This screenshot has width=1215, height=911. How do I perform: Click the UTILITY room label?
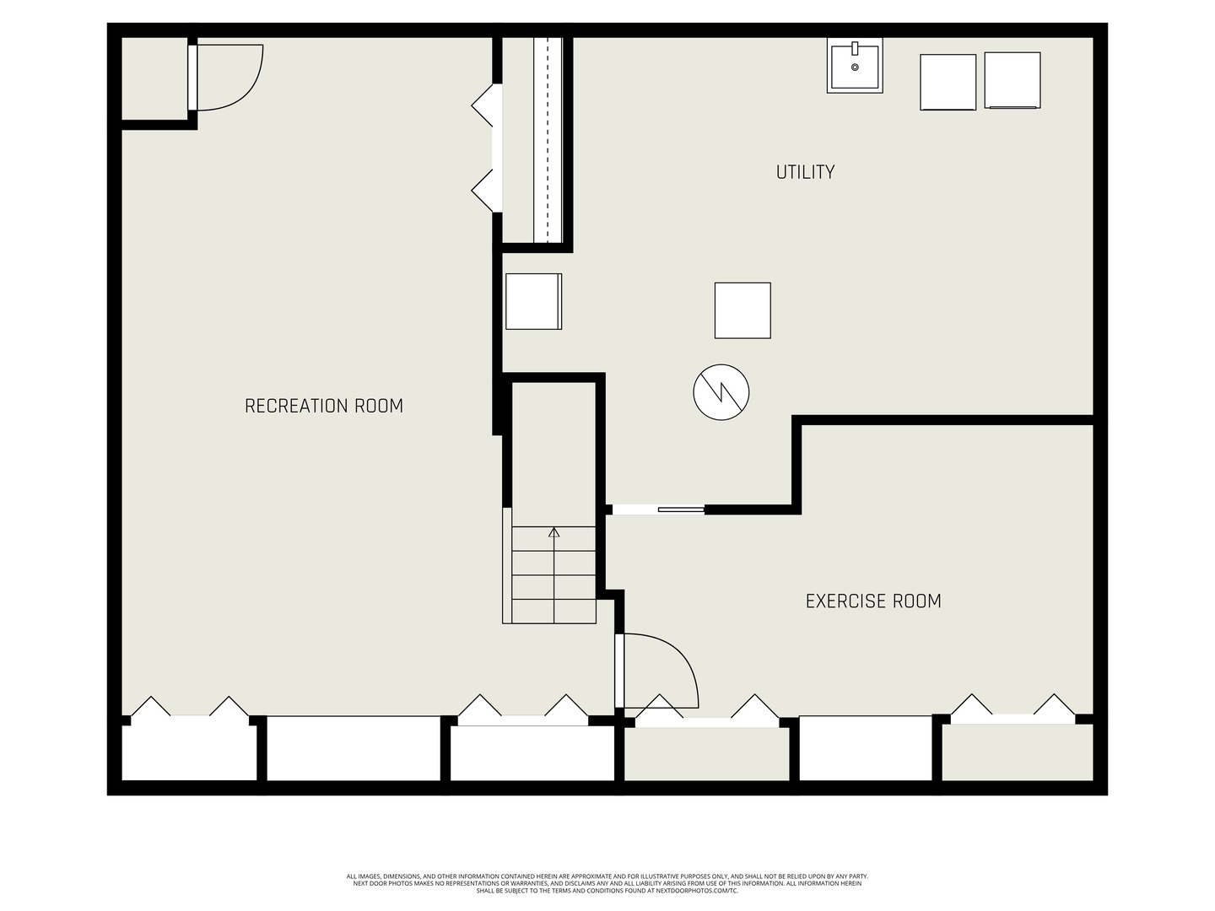(x=805, y=172)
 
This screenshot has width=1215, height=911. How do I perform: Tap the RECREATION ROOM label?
(x=324, y=406)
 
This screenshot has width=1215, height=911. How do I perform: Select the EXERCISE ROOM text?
(x=873, y=601)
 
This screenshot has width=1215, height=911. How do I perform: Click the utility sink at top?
(x=855, y=66)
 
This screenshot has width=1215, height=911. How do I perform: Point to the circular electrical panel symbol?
(x=721, y=392)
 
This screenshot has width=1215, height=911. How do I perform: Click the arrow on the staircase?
(x=553, y=533)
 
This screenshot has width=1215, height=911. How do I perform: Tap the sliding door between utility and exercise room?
(x=680, y=509)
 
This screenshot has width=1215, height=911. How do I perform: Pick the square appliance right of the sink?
(x=948, y=82)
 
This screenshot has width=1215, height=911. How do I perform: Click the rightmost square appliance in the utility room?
(x=1012, y=80)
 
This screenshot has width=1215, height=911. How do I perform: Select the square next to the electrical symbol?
(x=742, y=310)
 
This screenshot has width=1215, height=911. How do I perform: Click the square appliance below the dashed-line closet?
(x=533, y=301)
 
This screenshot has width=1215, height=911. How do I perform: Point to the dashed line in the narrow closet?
(x=548, y=139)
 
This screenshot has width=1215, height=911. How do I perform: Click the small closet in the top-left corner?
(x=154, y=78)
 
